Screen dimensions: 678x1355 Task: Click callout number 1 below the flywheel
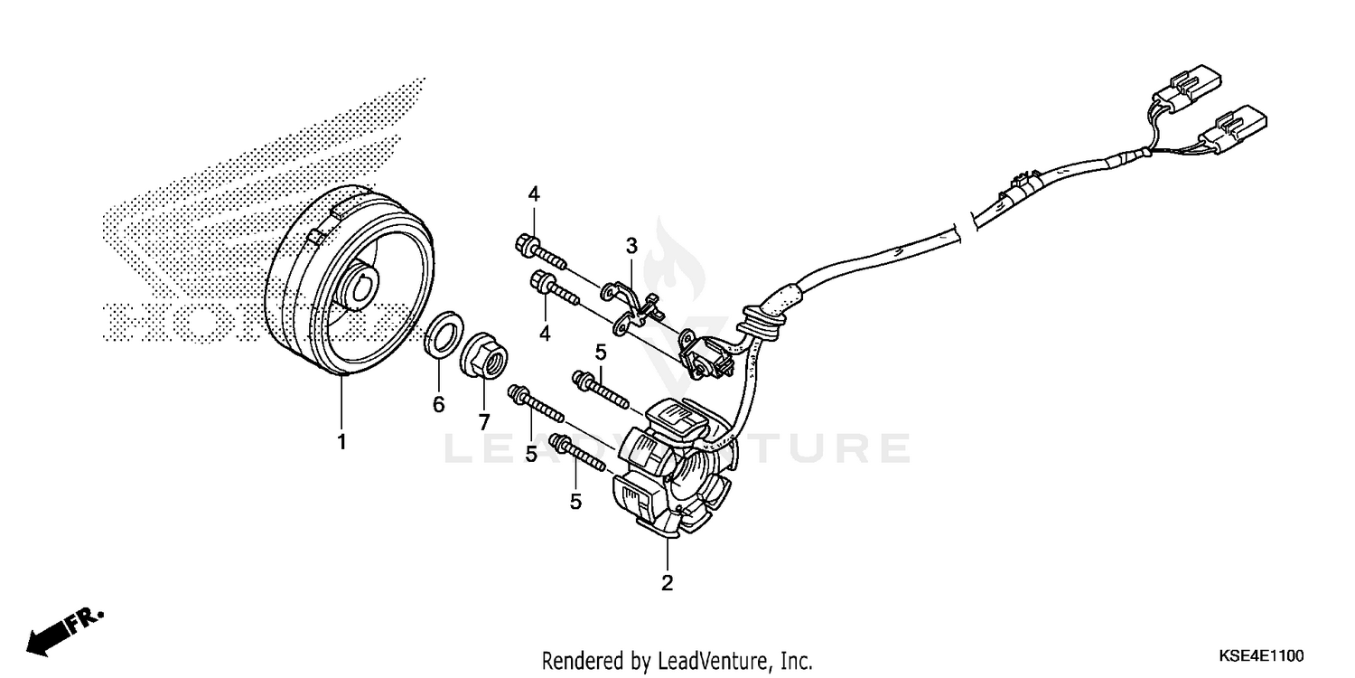(341, 443)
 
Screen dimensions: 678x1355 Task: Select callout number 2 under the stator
(667, 583)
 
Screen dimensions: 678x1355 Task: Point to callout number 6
(438, 405)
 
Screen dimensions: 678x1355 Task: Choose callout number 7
(483, 421)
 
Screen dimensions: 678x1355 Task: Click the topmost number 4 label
(534, 193)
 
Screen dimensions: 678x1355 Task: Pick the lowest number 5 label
(575, 502)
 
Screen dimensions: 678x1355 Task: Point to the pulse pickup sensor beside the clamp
(705, 354)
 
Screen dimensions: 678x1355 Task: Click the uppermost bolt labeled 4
(539, 251)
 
